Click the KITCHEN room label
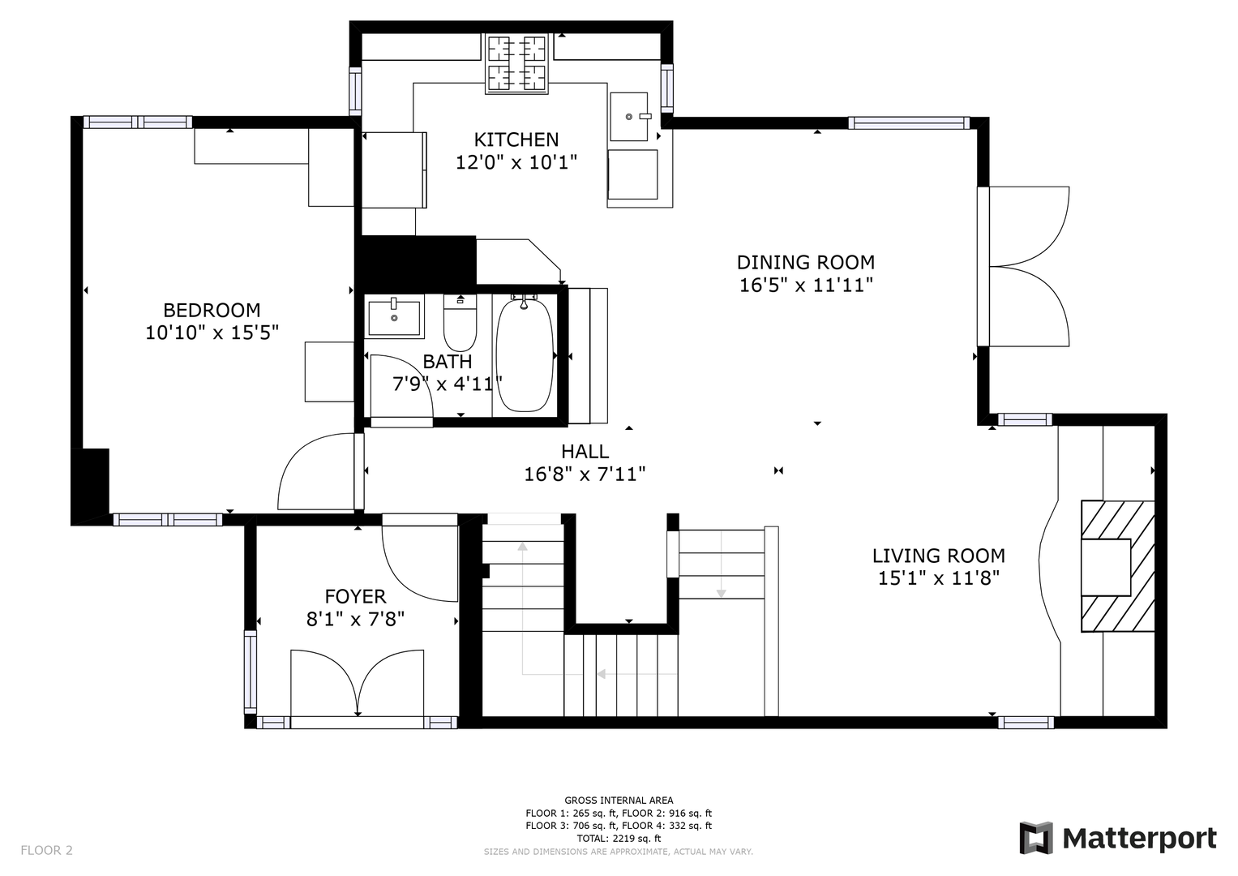516,140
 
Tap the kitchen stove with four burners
516,63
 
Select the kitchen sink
629,117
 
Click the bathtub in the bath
525,354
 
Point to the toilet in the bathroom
460,323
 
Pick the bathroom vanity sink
394,317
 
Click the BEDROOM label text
212,310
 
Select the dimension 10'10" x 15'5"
212,333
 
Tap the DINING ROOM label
806,262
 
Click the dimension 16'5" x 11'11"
806,286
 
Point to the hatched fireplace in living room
1118,566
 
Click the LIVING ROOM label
939,556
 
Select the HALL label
585,452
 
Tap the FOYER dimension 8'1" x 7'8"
355,619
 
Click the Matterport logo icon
1035,838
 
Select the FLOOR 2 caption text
46,850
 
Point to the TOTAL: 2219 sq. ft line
619,839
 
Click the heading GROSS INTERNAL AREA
619,801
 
